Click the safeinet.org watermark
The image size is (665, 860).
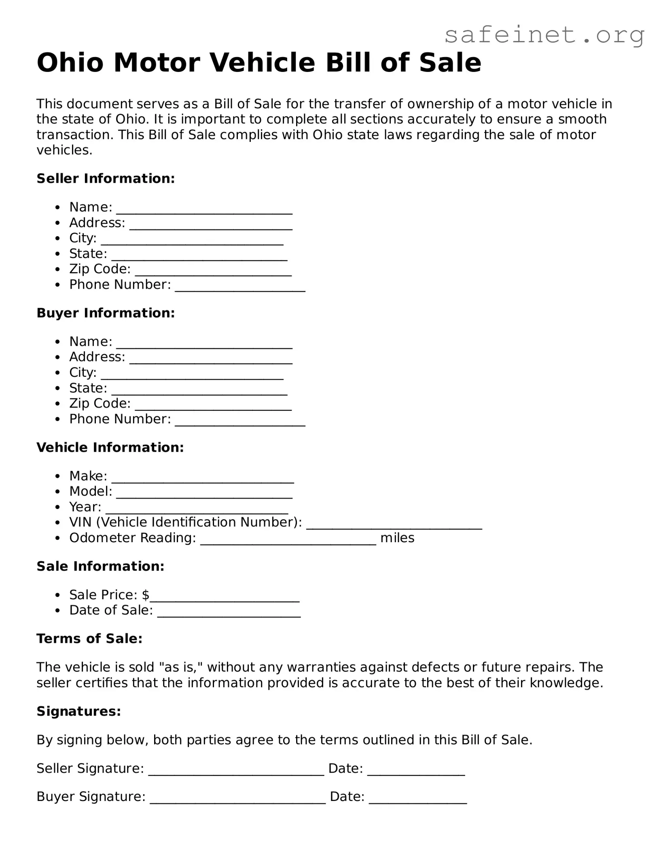coord(544,35)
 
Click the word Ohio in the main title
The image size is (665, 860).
coord(70,63)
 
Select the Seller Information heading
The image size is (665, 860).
coord(106,179)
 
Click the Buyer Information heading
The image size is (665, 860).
coord(106,313)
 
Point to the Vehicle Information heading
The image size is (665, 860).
coord(110,448)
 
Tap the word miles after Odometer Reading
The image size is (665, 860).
coord(397,538)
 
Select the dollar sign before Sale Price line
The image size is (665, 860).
coord(146,595)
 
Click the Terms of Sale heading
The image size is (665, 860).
coord(89,639)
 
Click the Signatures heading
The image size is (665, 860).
coord(79,711)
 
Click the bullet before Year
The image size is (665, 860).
coord(58,507)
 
